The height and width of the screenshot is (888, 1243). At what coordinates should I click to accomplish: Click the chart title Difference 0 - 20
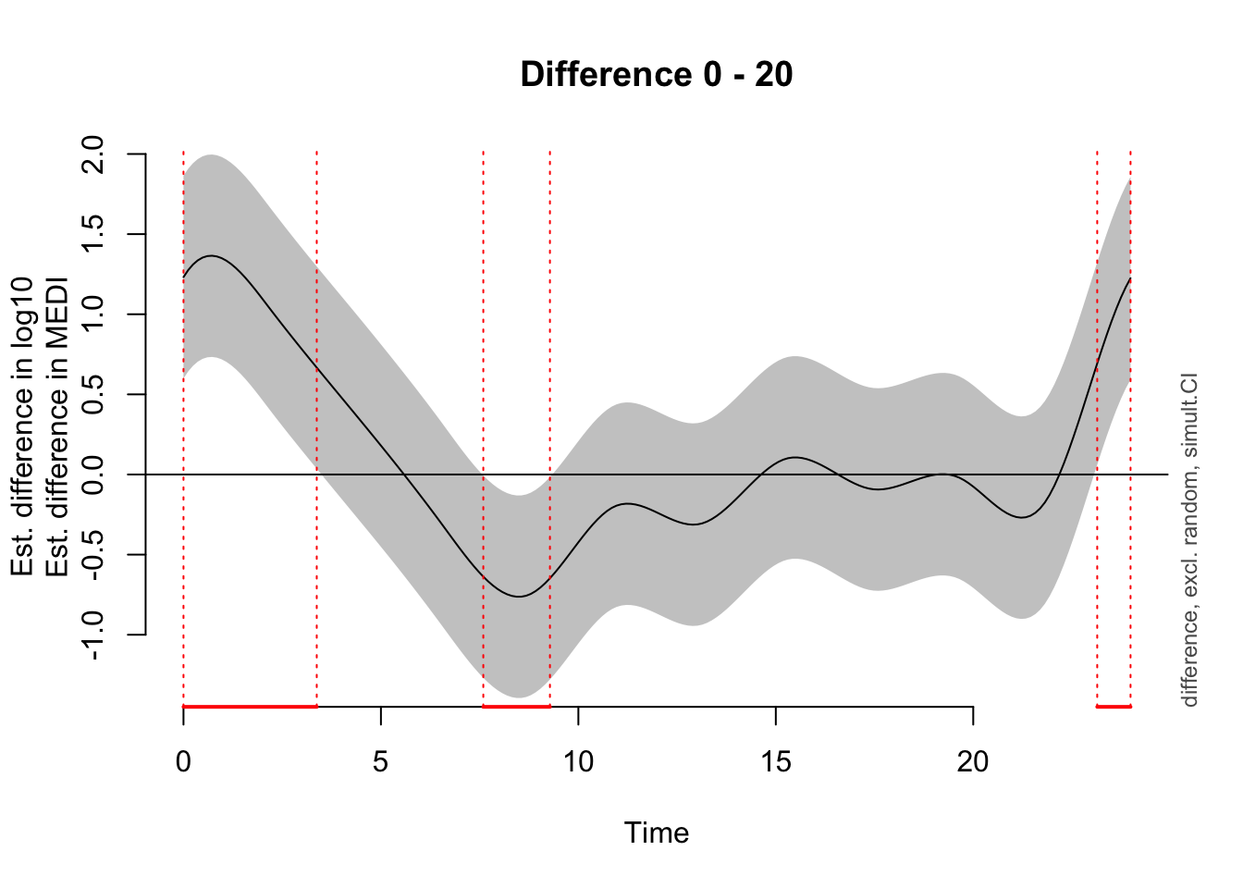pyautogui.click(x=656, y=74)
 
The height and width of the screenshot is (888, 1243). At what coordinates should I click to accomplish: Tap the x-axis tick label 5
pyautogui.click(x=380, y=762)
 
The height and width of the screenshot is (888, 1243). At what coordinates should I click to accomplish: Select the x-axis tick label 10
pyautogui.click(x=578, y=762)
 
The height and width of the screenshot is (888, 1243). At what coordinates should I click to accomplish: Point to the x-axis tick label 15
pyautogui.click(x=775, y=762)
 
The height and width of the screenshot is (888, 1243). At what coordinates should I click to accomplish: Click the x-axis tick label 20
pyautogui.click(x=972, y=762)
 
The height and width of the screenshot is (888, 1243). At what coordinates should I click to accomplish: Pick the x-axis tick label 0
pyautogui.click(x=183, y=762)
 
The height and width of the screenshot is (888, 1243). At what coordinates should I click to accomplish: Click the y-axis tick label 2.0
pyautogui.click(x=94, y=154)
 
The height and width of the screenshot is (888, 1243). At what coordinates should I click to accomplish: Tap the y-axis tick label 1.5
pyautogui.click(x=94, y=234)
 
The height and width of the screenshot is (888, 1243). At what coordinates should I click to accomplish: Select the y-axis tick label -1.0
pyautogui.click(x=94, y=635)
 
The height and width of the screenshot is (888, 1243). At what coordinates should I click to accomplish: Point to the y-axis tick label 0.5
pyautogui.click(x=94, y=394)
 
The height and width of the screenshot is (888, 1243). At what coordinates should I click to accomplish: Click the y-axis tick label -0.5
pyautogui.click(x=94, y=554)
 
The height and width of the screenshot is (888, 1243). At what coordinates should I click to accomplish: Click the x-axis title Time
pyautogui.click(x=656, y=833)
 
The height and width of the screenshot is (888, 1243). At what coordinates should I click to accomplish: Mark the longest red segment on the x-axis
pyautogui.click(x=250, y=707)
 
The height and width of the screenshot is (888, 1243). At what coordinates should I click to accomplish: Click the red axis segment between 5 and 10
pyautogui.click(x=516, y=707)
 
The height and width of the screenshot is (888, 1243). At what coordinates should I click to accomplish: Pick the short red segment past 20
pyautogui.click(x=1114, y=707)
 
